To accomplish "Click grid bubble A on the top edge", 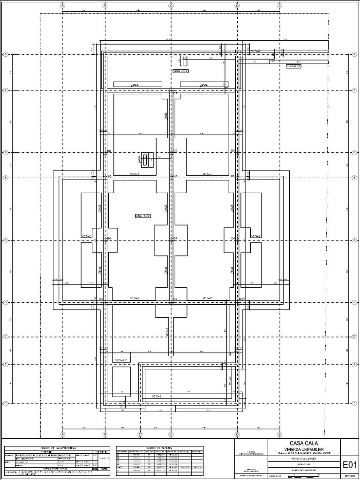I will click(x=62, y=6).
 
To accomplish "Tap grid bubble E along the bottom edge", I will click(x=280, y=433).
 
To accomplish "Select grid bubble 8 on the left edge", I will click(x=6, y=54).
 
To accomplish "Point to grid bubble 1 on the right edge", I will click(x=353, y=403).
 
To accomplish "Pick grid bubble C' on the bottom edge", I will click(x=140, y=433).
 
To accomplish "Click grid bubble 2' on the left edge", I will click(x=6, y=337).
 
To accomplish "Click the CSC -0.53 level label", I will click(x=293, y=66).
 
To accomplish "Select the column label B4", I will click(x=109, y=239).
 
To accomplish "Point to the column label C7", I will click(x=175, y=94).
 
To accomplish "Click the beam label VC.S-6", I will click(x=157, y=397).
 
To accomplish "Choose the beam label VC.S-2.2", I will click(x=121, y=360).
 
